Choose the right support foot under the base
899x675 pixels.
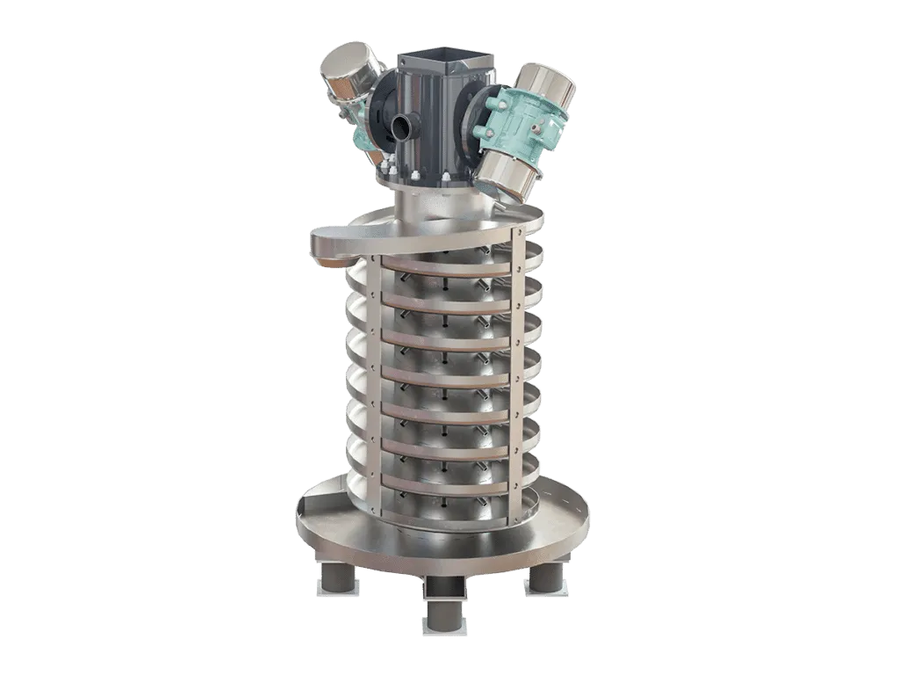coord(548,577)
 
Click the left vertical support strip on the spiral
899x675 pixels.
coord(374,387)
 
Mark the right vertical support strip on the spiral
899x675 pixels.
coord(517,378)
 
